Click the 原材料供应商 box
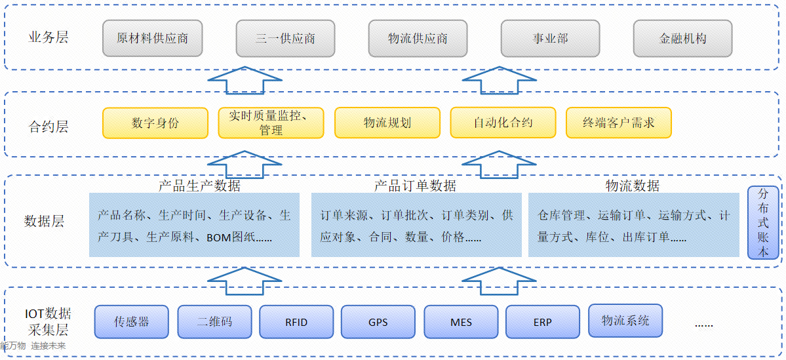coord(152,38)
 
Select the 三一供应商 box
coord(285,38)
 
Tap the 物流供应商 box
coord(418,38)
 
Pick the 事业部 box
coord(550,38)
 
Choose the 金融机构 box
coord(682,38)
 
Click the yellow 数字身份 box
coord(155,123)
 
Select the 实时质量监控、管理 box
coord(271,123)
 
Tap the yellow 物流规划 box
coord(387,123)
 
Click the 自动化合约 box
coord(503,123)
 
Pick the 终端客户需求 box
coord(618,123)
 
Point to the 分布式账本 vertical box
coord(763,223)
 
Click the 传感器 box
coord(132,321)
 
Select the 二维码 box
coord(214,321)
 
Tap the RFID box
coord(296,321)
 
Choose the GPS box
coord(378,321)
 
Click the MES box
coord(461,321)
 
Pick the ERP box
coord(543,321)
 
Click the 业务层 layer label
coord(49,37)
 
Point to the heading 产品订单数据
coord(415,186)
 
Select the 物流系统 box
coord(625,320)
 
